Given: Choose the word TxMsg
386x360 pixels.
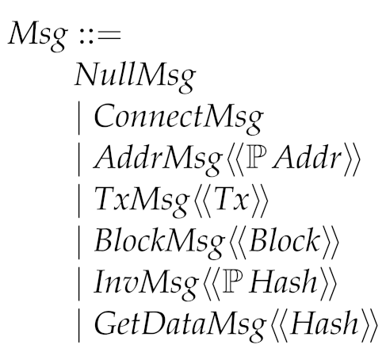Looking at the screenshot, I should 128,202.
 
